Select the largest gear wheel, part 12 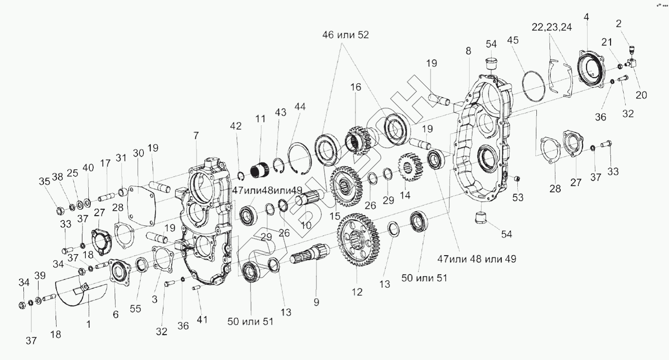pyautogui.click(x=355, y=239)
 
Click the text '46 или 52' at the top pyautogui.click(x=345, y=35)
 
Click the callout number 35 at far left pyautogui.click(x=44, y=181)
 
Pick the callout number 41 pyautogui.click(x=202, y=320)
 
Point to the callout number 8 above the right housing pyautogui.click(x=468, y=50)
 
